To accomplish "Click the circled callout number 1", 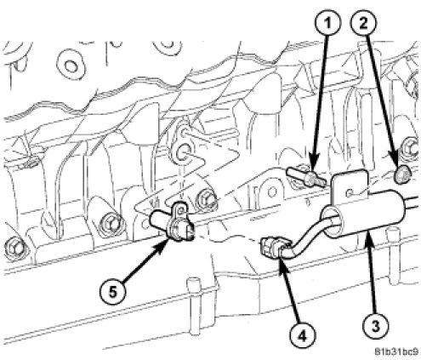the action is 327,23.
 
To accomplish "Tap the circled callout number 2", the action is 363,23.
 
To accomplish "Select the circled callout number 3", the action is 375,326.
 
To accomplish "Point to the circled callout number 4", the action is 302,336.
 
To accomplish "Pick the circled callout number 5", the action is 113,292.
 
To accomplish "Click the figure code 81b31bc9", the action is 396,352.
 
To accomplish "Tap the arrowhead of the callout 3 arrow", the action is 368,235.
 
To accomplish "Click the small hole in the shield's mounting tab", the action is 350,193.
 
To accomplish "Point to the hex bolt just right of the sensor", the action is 207,198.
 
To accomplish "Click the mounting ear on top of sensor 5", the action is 179,209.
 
